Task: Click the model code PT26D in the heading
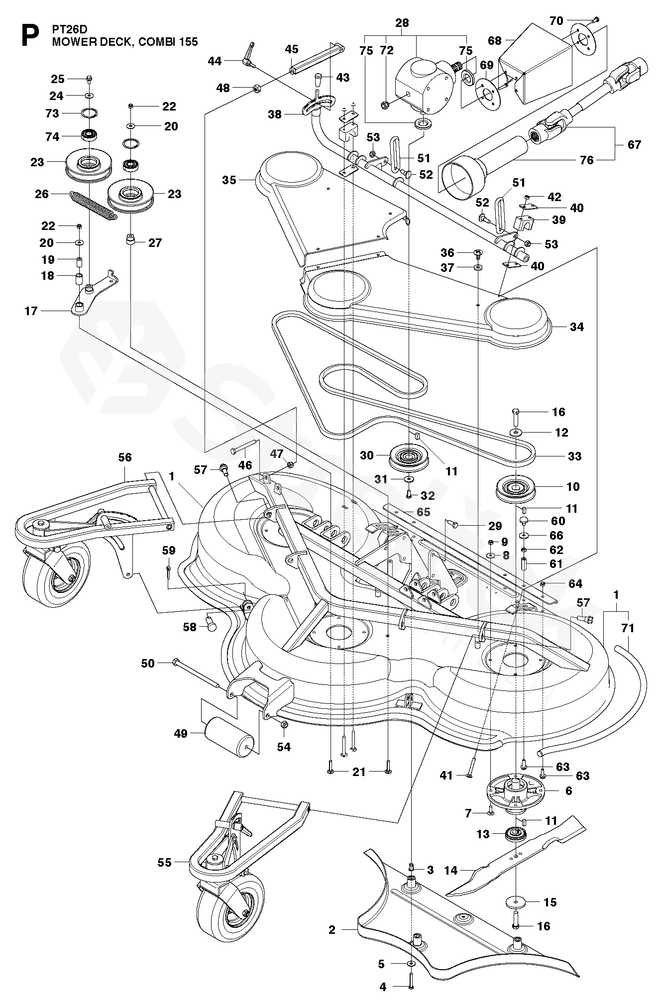click(70, 29)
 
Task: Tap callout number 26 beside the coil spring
click(42, 194)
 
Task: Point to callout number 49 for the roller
click(181, 733)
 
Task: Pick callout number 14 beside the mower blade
click(451, 870)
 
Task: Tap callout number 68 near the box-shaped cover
click(495, 41)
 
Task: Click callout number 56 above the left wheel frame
click(125, 457)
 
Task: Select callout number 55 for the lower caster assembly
click(164, 862)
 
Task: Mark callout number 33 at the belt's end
click(574, 456)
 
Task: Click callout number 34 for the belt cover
click(577, 327)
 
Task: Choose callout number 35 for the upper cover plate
click(229, 180)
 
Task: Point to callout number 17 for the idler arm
click(31, 311)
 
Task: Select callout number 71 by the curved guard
click(628, 628)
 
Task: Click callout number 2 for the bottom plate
click(332, 929)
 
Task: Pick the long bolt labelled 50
click(196, 672)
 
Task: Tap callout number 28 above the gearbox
click(402, 22)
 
